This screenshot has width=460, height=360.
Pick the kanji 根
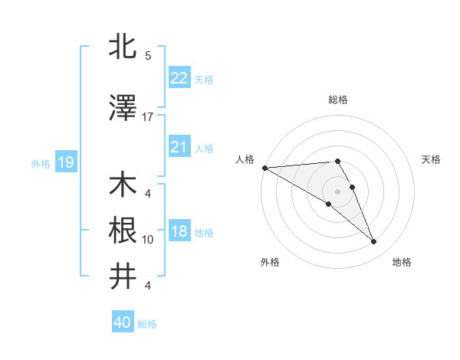coord(123,231)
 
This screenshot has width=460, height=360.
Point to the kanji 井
coord(123,276)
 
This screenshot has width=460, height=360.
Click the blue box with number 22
coord(179,78)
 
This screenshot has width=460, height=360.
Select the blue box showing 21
coord(179,147)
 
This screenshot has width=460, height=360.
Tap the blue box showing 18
coord(179,232)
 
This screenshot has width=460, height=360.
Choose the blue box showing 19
coord(65,162)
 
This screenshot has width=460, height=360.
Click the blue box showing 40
coord(123,322)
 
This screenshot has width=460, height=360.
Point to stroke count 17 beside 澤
coord(148,116)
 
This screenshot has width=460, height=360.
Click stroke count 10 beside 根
coord(148,240)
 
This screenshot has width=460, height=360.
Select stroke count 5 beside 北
coord(148,56)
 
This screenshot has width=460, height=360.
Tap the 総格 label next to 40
coord(148,324)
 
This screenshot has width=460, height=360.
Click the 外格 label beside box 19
coord(41,163)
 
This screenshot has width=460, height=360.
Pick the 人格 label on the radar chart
coord(245,159)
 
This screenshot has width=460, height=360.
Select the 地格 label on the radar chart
coord(402,262)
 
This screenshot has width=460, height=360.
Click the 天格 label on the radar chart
coord(431,159)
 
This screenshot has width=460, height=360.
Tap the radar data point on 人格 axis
coord(264,168)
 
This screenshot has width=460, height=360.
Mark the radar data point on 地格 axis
coord(374,242)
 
